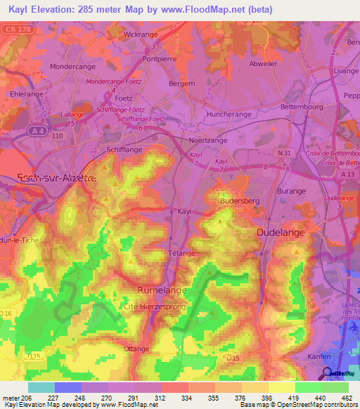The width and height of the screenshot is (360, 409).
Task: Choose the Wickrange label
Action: [141, 33]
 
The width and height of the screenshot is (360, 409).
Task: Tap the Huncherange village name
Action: [229, 113]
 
